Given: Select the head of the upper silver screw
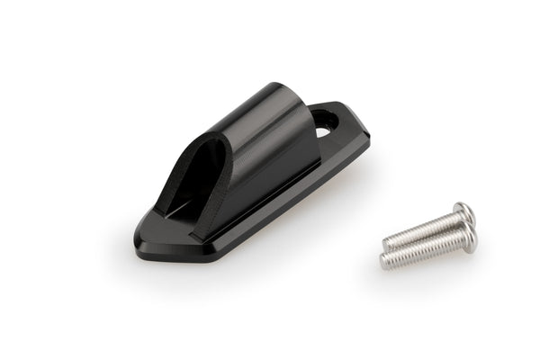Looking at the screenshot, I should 464,212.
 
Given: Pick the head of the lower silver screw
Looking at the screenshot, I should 468,238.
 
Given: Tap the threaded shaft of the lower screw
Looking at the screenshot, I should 423,251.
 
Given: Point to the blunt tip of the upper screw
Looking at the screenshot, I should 385,243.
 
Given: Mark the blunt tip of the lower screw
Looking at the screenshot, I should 382,263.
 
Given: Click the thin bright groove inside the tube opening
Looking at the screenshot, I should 179,211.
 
